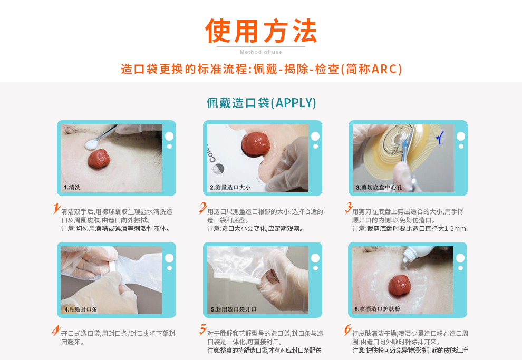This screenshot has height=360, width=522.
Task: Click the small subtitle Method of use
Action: (x=261, y=52)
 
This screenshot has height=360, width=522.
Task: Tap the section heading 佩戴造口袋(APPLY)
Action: (x=261, y=102)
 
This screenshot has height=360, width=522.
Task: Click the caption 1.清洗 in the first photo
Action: (x=72, y=187)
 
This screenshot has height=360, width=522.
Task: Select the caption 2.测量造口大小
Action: (x=230, y=187)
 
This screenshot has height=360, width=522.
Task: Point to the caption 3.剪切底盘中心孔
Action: (x=379, y=187)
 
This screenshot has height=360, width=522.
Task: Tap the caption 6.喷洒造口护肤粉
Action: (x=377, y=309)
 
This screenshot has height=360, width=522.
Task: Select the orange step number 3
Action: (x=348, y=208)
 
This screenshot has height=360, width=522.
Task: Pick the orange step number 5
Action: (x=202, y=330)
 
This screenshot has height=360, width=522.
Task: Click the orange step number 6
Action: (x=348, y=330)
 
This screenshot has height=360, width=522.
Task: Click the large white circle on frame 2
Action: (x=315, y=136)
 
